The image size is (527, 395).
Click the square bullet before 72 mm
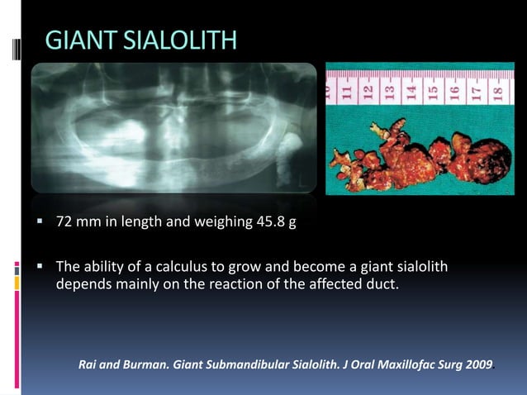coord(39,221)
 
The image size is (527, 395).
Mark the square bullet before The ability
coord(39,267)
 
